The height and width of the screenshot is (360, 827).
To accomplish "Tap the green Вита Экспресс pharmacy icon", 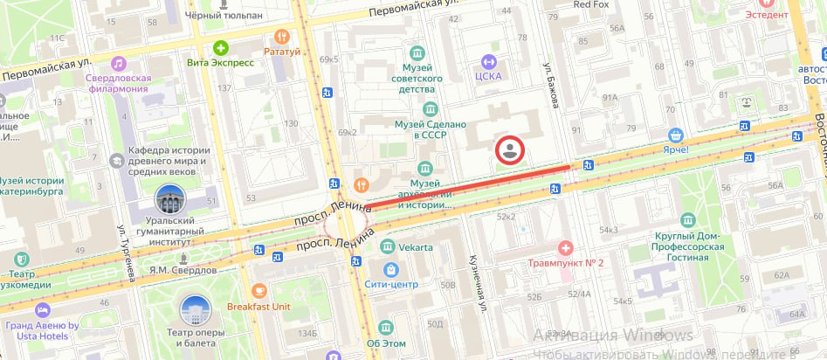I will coord(221,47).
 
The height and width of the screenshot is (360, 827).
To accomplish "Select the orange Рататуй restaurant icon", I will coord(281,36).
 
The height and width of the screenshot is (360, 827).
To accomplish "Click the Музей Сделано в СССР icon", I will coord(429,108).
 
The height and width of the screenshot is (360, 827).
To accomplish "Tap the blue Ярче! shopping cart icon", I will coord(674,135).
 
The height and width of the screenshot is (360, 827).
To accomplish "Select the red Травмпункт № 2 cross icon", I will coord(565,247).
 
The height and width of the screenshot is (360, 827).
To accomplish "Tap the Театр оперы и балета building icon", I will coord(195,309).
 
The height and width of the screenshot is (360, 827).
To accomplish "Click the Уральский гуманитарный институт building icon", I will coord(170,200).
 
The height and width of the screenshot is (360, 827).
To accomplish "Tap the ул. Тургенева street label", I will coord(123,253).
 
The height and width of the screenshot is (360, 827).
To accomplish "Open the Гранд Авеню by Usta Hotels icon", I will coord(42,310).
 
